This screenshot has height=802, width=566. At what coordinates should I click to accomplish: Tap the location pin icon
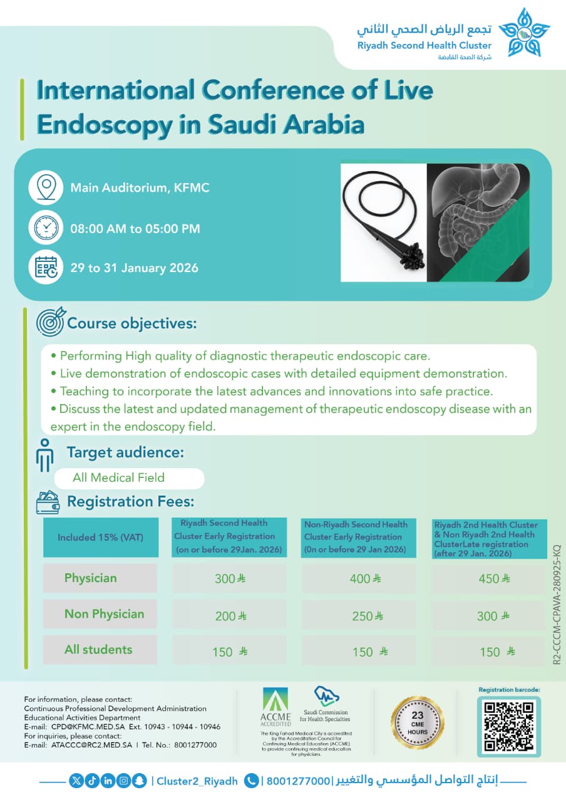[46, 187]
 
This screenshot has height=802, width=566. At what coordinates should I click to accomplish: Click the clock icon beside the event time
[46, 227]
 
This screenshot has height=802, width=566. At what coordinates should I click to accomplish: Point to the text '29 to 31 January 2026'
[134, 268]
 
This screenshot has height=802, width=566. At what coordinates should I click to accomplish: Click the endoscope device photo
[383, 222]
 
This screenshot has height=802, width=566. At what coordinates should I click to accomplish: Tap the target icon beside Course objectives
[50, 322]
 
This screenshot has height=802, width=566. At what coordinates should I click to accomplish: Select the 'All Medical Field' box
[129, 477]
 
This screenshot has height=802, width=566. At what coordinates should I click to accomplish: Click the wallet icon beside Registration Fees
[48, 502]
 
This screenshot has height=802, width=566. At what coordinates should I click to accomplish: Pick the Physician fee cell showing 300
[229, 578]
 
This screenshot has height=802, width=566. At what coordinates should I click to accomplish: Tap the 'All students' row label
[99, 650]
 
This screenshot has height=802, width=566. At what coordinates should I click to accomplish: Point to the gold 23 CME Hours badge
[418, 722]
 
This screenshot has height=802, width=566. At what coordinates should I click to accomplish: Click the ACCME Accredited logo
[275, 706]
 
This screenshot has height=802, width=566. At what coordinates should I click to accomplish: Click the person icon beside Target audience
[44, 454]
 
